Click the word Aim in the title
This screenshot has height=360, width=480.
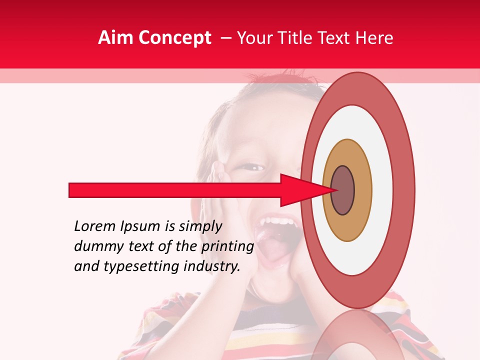point(115,38)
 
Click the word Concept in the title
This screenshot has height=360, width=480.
point(174,38)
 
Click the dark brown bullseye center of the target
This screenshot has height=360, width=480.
point(343,190)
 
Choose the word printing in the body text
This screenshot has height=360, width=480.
point(227,246)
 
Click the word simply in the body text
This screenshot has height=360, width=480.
point(200,227)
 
